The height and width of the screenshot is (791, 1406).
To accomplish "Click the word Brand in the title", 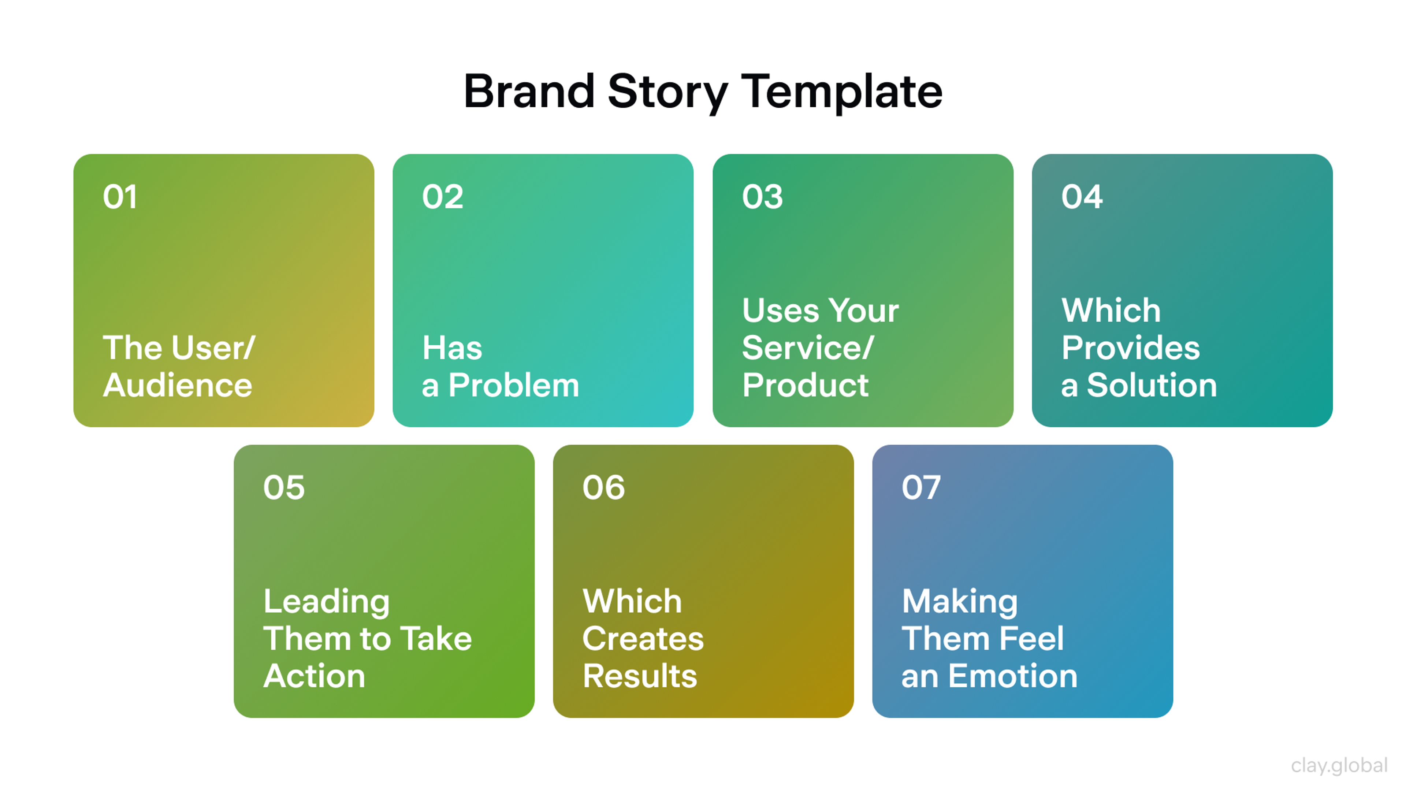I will point(528,92).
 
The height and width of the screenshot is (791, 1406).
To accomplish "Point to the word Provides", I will point(1130,348).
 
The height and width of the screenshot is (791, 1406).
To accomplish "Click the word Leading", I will point(326,602).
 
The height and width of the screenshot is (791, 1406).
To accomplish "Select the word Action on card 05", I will point(314,676).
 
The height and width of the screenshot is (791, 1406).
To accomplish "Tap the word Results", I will point(640,676).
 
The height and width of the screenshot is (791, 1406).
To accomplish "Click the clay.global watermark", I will point(1339,765).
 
